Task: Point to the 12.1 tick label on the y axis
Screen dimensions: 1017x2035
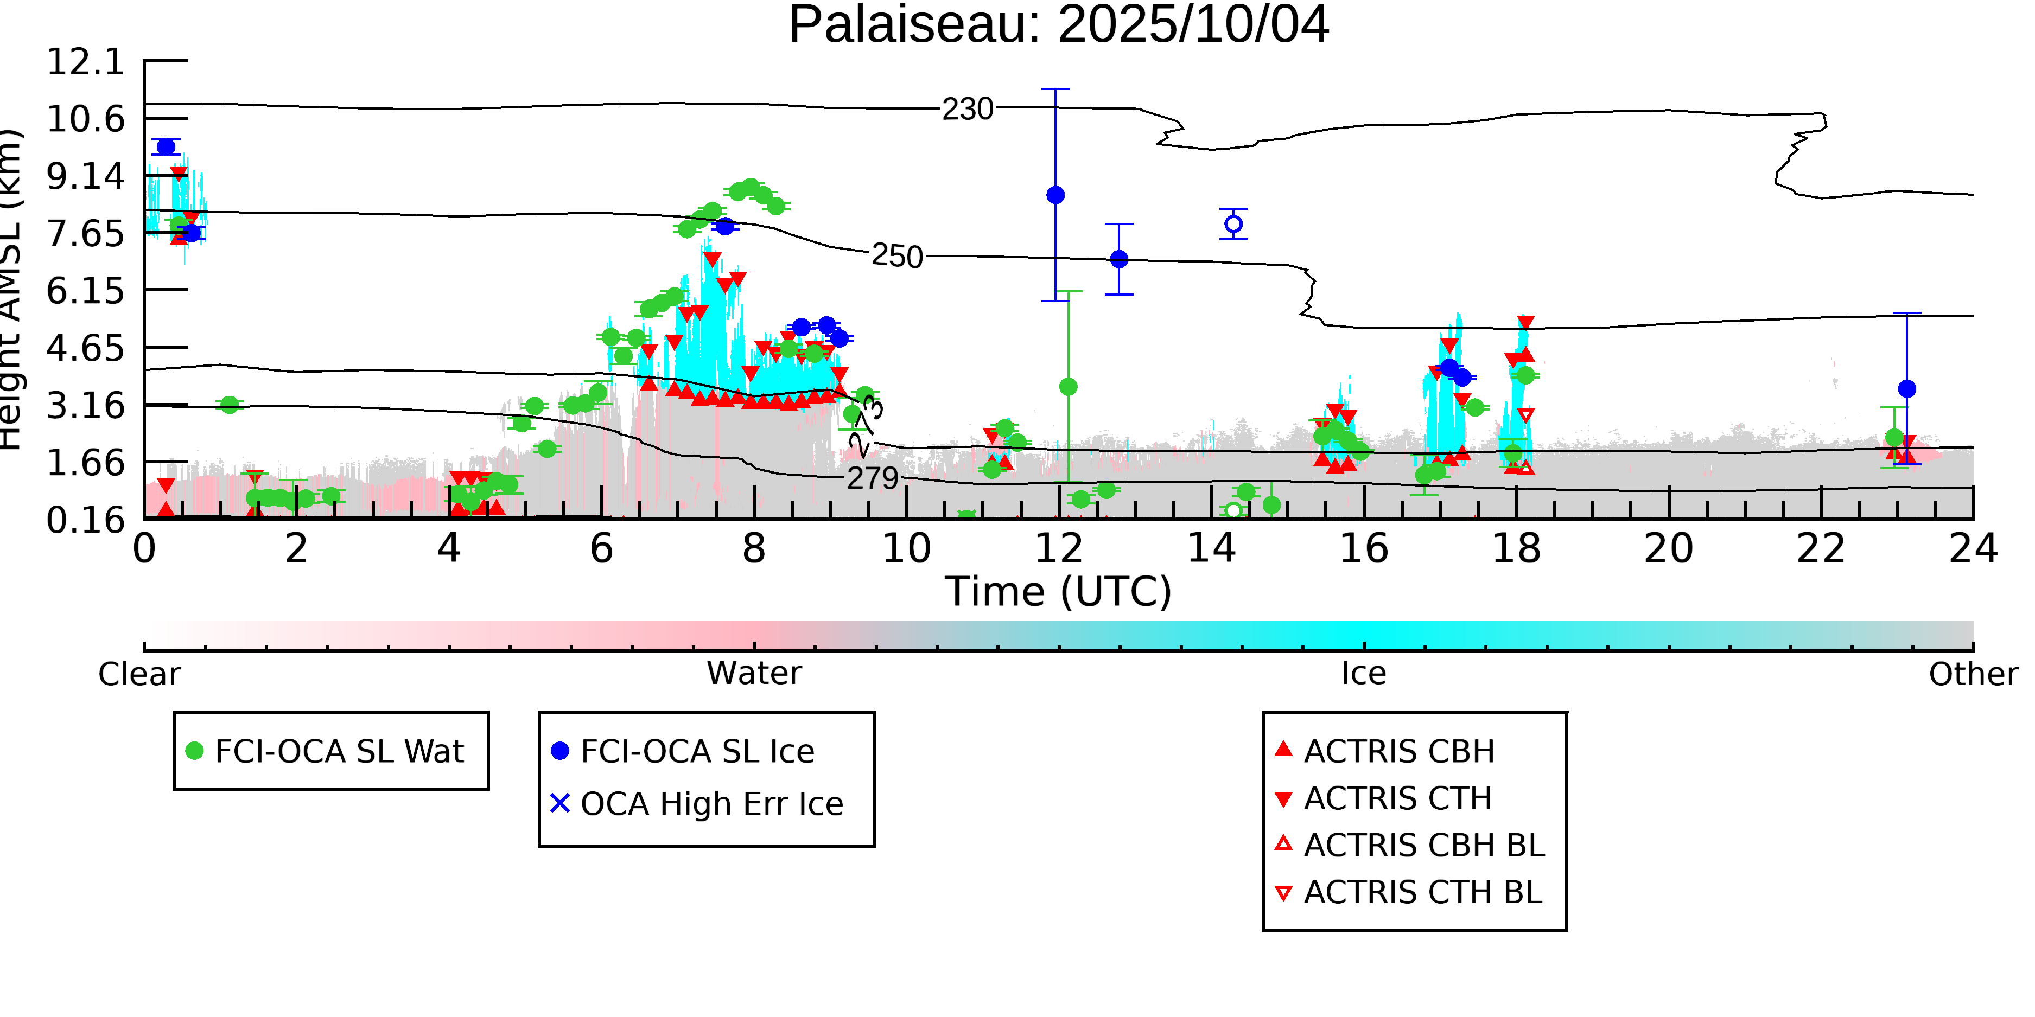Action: click(x=85, y=62)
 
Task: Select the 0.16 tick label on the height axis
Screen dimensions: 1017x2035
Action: click(x=85, y=520)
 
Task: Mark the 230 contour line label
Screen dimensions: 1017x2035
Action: click(x=967, y=109)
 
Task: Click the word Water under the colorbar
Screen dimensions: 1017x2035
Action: click(x=754, y=674)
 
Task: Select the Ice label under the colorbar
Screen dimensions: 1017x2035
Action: click(x=1364, y=674)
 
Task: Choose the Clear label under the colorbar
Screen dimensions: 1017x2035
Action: click(x=139, y=674)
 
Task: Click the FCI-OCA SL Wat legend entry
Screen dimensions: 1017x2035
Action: click(x=339, y=751)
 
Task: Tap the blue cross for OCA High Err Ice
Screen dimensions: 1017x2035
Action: click(x=559, y=803)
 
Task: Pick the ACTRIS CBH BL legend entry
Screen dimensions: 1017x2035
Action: click(x=1423, y=845)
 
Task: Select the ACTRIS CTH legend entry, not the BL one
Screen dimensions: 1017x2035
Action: click(x=1397, y=798)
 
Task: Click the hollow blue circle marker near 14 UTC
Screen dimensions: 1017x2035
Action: click(x=1233, y=224)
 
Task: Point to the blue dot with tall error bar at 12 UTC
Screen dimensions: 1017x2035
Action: click(x=1055, y=195)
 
